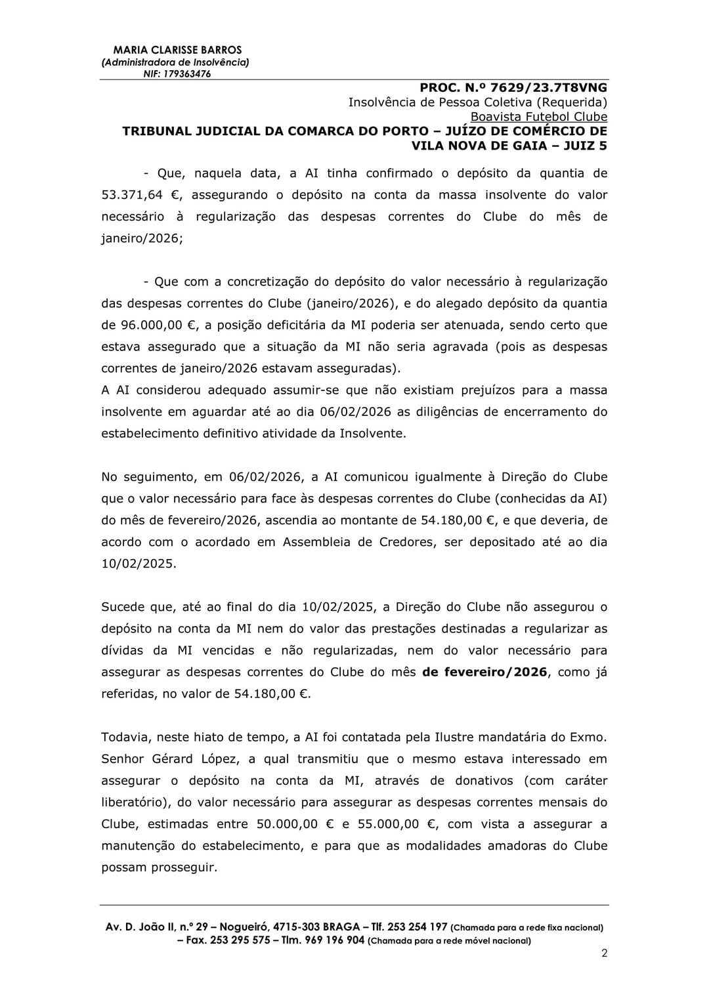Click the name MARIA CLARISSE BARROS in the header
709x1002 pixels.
(x=177, y=50)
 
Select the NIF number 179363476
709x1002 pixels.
(x=186, y=74)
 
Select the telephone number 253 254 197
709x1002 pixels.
(x=418, y=927)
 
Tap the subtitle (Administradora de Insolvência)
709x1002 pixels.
(x=175, y=62)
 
